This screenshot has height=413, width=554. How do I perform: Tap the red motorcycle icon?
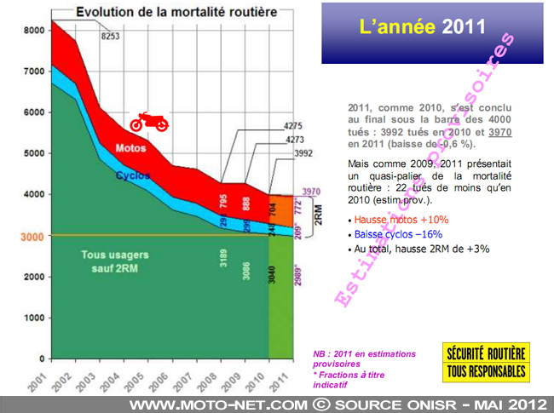[x=148, y=122]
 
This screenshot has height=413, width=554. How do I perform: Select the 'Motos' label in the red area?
[x=130, y=148]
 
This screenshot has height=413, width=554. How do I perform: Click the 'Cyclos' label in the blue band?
[x=133, y=175]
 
